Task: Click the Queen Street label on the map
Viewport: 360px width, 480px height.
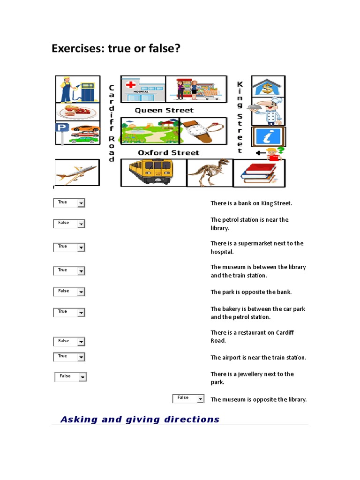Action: (164, 111)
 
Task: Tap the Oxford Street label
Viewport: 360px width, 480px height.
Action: (168, 153)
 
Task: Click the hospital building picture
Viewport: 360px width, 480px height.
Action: (143, 89)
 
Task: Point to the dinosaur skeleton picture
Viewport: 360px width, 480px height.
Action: (209, 172)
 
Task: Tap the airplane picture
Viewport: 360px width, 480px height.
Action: (76, 173)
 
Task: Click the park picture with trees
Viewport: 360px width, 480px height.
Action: (149, 131)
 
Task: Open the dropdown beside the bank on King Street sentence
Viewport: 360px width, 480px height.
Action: (81, 203)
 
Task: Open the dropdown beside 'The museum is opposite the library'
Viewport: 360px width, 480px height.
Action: (200, 399)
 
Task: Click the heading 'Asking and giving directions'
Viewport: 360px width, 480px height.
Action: (140, 420)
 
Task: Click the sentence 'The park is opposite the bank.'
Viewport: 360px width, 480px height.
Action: (251, 292)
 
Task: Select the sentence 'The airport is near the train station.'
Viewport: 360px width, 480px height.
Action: (258, 358)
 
